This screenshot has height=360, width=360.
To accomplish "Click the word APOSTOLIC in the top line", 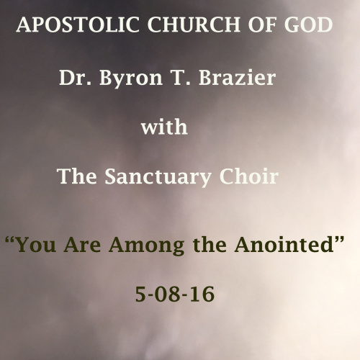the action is click(x=78, y=24).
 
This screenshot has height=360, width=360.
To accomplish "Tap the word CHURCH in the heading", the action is click(x=194, y=24).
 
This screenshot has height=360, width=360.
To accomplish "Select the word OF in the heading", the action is click(x=262, y=24).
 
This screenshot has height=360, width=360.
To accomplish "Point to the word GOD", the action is click(x=308, y=24).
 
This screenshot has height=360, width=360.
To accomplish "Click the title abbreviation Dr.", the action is click(x=76, y=78).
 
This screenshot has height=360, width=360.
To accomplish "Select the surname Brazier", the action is click(x=237, y=78).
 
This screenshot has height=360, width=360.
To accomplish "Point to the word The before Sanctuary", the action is click(x=77, y=176).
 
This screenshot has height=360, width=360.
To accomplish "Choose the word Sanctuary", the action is click(x=158, y=178).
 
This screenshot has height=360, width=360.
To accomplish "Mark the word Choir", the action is click(x=249, y=176).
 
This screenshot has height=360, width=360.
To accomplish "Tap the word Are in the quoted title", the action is click(x=82, y=244).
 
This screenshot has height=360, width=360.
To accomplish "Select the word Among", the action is click(x=147, y=246).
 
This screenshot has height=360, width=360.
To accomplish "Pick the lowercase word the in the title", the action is click(x=210, y=244).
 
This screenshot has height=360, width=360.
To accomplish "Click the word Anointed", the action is click(x=284, y=244).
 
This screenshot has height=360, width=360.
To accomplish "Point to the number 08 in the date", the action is click(x=171, y=294).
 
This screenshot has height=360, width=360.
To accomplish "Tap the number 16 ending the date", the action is click(x=203, y=294).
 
